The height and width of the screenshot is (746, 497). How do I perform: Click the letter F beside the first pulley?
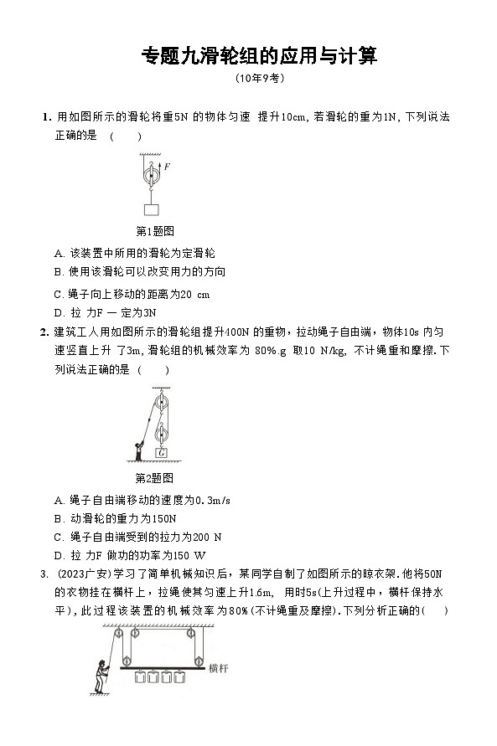tap(167, 167)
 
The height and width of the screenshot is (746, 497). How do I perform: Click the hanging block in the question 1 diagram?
tap(153, 209)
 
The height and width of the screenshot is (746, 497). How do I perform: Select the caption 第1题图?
tap(154, 230)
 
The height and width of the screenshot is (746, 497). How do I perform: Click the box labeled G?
tap(163, 454)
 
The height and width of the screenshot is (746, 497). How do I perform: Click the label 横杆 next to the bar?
tap(221, 667)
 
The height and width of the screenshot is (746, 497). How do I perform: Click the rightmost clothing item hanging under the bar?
tap(188, 678)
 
